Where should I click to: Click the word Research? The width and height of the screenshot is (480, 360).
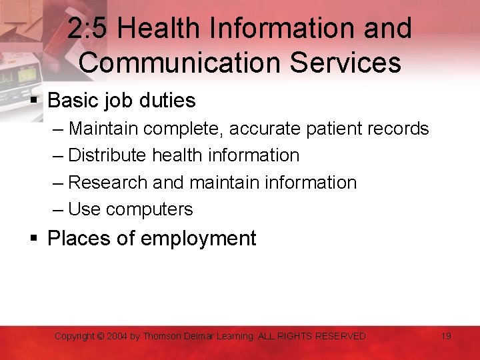pos(108,182)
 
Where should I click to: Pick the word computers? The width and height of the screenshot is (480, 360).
pos(149,209)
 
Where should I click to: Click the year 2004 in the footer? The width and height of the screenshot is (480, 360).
pos(118,337)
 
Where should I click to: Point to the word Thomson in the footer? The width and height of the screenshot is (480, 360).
pos(163,337)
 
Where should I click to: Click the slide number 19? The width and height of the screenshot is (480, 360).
pos(446,336)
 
